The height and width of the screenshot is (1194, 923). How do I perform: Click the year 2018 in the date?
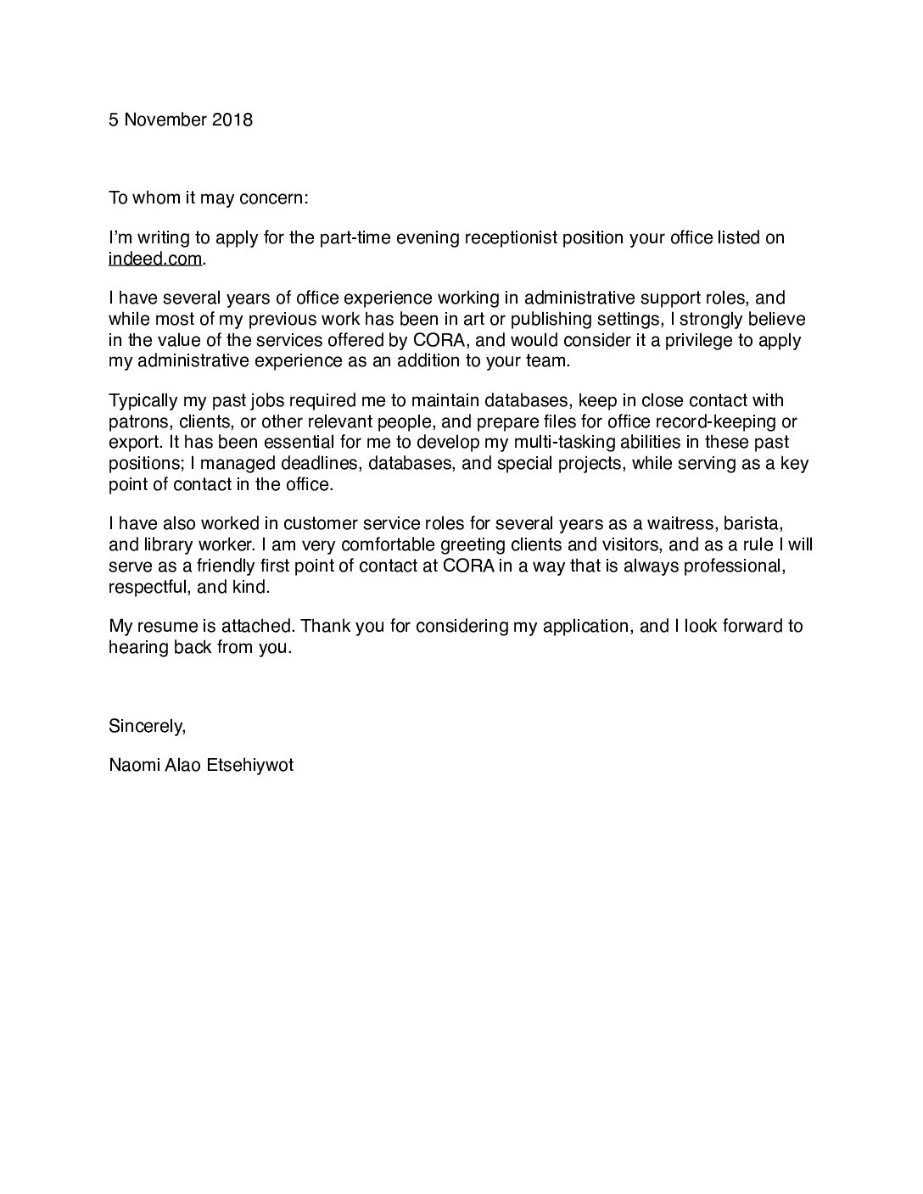(x=232, y=120)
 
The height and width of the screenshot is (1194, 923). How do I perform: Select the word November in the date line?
(x=164, y=120)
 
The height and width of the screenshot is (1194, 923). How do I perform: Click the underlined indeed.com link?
(x=155, y=259)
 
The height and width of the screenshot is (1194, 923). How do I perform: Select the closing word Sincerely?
(x=147, y=726)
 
